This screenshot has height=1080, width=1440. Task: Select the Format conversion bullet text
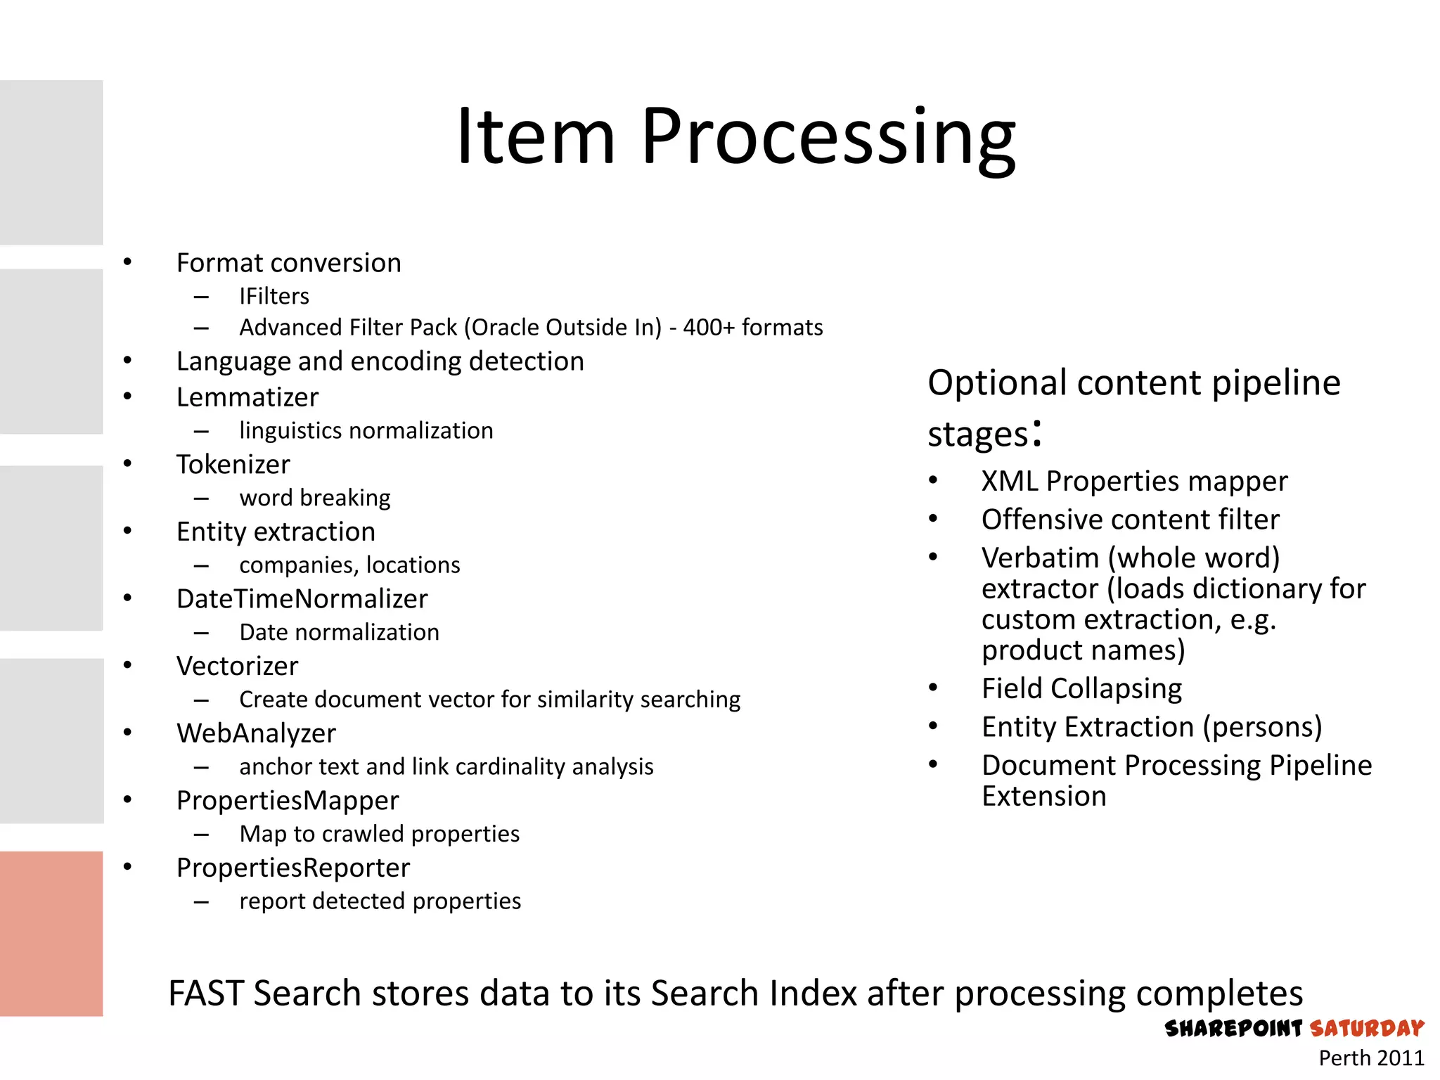click(x=288, y=263)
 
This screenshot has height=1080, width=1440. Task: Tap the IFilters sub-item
click(x=274, y=296)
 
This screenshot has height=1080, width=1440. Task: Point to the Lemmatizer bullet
click(x=247, y=397)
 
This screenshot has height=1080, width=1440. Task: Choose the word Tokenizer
click(x=233, y=465)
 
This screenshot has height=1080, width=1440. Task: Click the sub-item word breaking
click(x=314, y=498)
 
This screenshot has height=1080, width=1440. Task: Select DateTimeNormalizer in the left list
click(x=302, y=599)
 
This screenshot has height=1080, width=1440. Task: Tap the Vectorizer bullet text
click(x=237, y=667)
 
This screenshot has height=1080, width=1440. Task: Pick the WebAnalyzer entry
click(x=256, y=733)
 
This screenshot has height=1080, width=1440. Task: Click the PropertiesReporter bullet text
click(x=292, y=868)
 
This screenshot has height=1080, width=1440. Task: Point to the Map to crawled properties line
click(x=379, y=834)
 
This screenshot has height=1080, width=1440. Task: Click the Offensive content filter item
click(x=1130, y=520)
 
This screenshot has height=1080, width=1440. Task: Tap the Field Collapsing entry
click(x=1081, y=688)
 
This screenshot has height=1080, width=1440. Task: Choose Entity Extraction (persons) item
click(x=1151, y=727)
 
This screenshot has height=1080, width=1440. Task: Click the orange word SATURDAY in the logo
click(x=1366, y=1029)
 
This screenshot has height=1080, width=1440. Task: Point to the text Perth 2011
click(x=1370, y=1058)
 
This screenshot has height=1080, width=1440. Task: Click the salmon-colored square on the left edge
click(x=51, y=933)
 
